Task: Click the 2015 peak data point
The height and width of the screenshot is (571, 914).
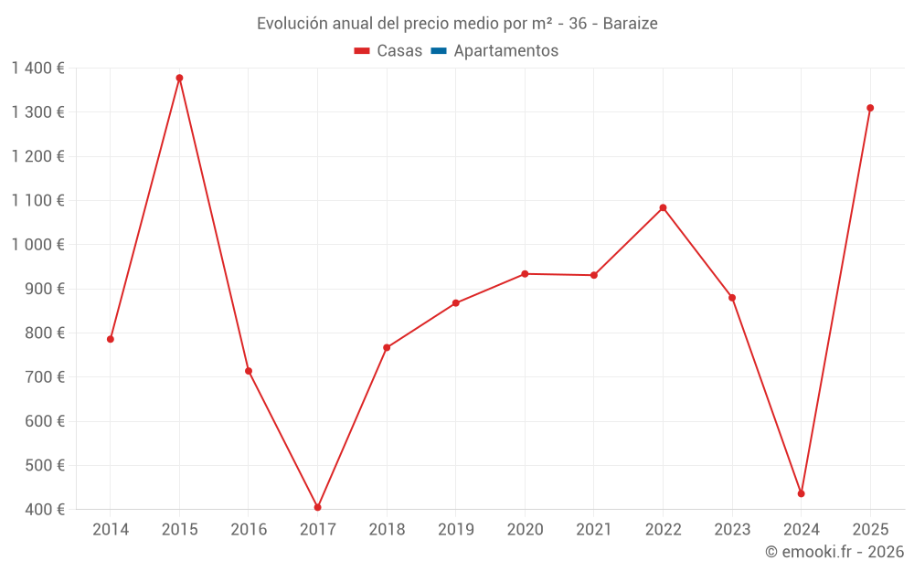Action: [x=179, y=78]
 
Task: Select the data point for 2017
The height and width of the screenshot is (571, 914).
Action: [x=317, y=507]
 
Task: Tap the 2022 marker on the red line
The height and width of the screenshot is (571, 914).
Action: [x=663, y=207]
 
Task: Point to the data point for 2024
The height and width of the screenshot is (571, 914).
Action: [x=801, y=493]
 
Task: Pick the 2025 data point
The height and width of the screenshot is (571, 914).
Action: [x=870, y=108]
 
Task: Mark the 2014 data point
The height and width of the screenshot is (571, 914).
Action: [x=111, y=339]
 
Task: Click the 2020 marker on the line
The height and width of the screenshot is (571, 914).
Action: [x=525, y=274]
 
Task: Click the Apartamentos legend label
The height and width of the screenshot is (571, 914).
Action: [x=505, y=51]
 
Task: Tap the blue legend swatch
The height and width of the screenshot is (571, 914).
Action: [x=438, y=51]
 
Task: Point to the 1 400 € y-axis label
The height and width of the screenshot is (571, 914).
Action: [x=37, y=68]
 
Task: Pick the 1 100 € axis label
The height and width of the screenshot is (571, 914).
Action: [x=37, y=200]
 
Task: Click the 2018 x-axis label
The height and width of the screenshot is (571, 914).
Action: [x=387, y=530]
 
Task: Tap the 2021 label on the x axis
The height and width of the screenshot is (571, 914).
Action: [x=594, y=530]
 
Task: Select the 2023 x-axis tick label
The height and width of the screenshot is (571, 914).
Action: [x=732, y=530]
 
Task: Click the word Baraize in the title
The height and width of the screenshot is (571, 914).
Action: [x=630, y=24]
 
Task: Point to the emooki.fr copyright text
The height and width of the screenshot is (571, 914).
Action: [x=834, y=552]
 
